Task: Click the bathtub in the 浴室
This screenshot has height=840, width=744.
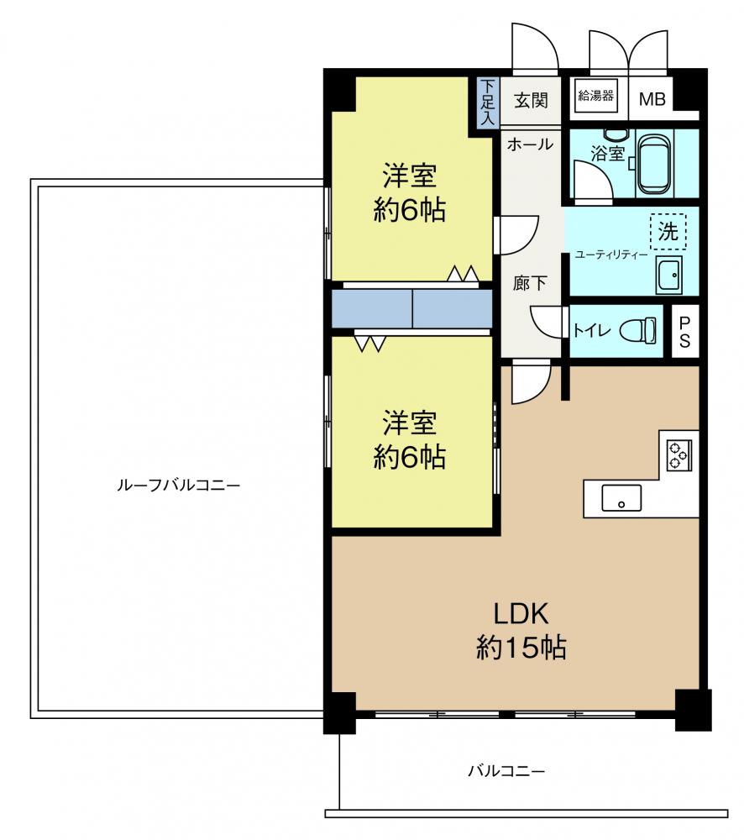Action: click(x=653, y=165)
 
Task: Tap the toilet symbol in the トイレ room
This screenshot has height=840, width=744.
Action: click(x=638, y=330)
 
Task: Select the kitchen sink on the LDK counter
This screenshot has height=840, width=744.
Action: click(x=621, y=498)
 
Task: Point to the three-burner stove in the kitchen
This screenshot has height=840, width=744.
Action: click(x=679, y=454)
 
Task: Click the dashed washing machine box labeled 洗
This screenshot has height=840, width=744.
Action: click(x=668, y=232)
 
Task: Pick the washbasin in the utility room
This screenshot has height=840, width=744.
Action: click(x=669, y=275)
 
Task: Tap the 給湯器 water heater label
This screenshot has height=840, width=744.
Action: click(x=595, y=96)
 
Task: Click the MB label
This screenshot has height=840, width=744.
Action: click(x=652, y=99)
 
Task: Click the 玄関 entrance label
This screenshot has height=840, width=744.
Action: click(x=531, y=100)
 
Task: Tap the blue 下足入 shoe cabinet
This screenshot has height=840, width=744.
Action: click(x=488, y=102)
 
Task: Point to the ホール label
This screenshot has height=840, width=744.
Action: click(x=530, y=144)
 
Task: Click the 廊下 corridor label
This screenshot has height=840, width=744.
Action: click(x=530, y=283)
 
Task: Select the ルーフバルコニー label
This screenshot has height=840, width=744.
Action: click(x=178, y=486)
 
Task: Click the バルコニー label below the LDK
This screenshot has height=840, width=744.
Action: click(x=506, y=771)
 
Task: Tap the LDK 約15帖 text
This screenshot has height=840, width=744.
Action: click(x=521, y=631)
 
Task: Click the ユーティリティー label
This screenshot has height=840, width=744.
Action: click(x=610, y=255)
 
